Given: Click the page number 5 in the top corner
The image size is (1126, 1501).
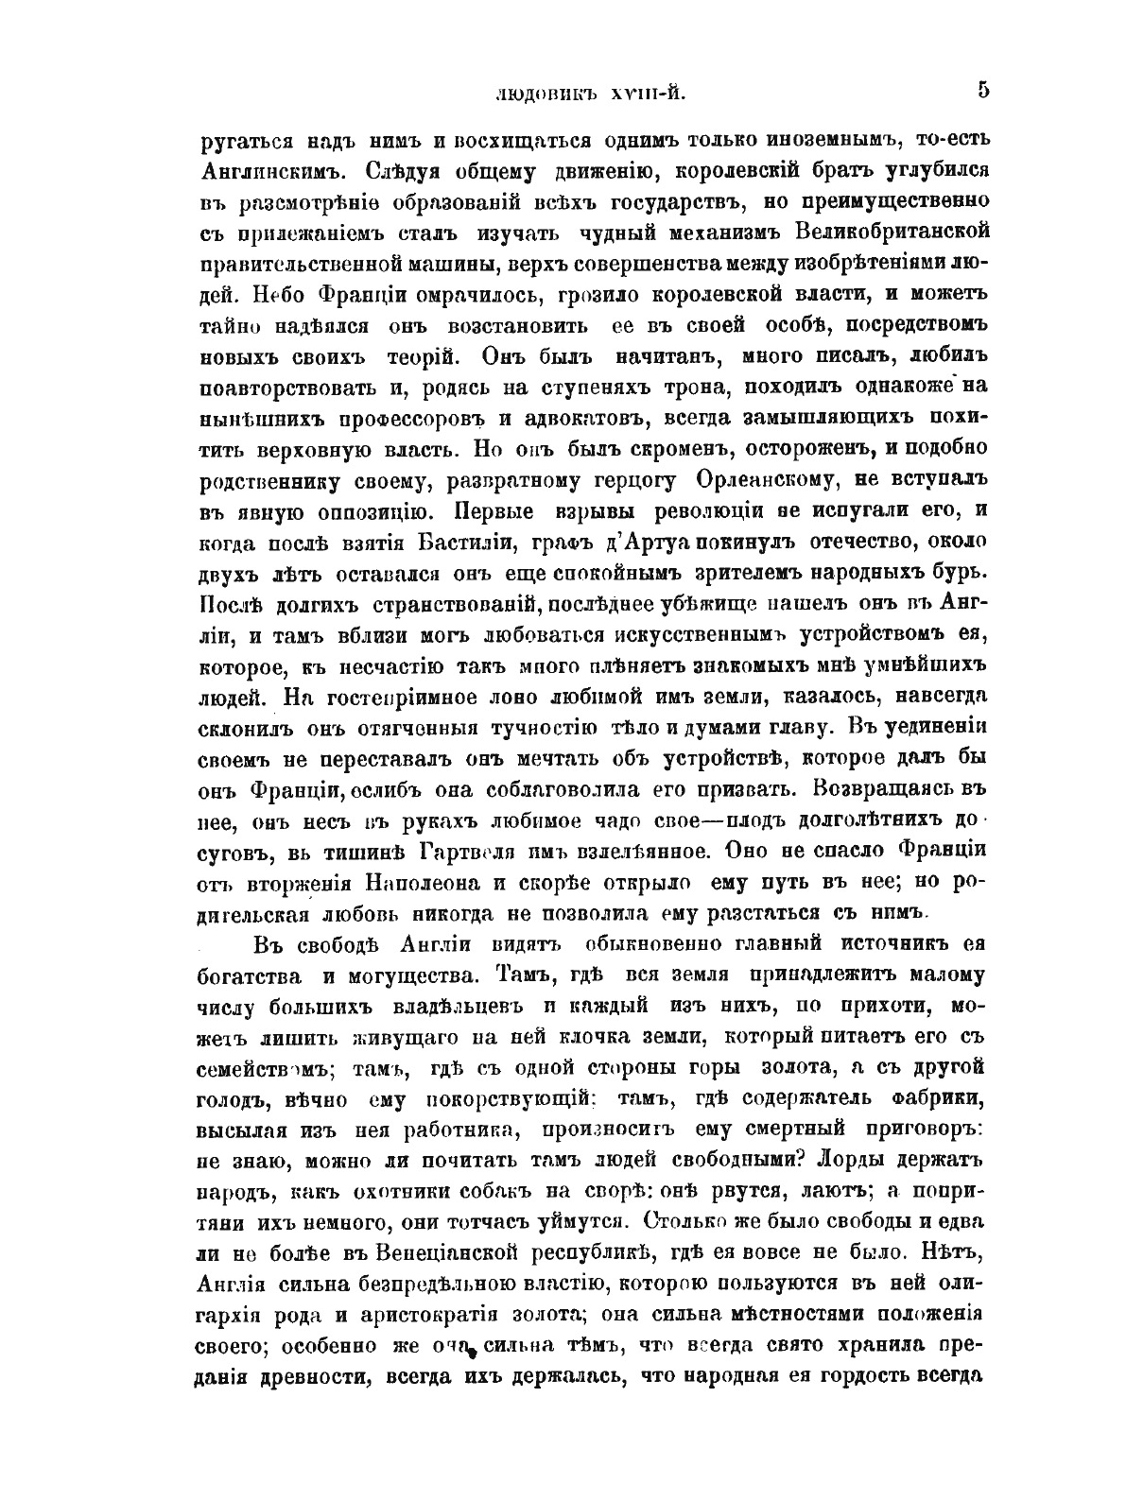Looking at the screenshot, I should point(983,90).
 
